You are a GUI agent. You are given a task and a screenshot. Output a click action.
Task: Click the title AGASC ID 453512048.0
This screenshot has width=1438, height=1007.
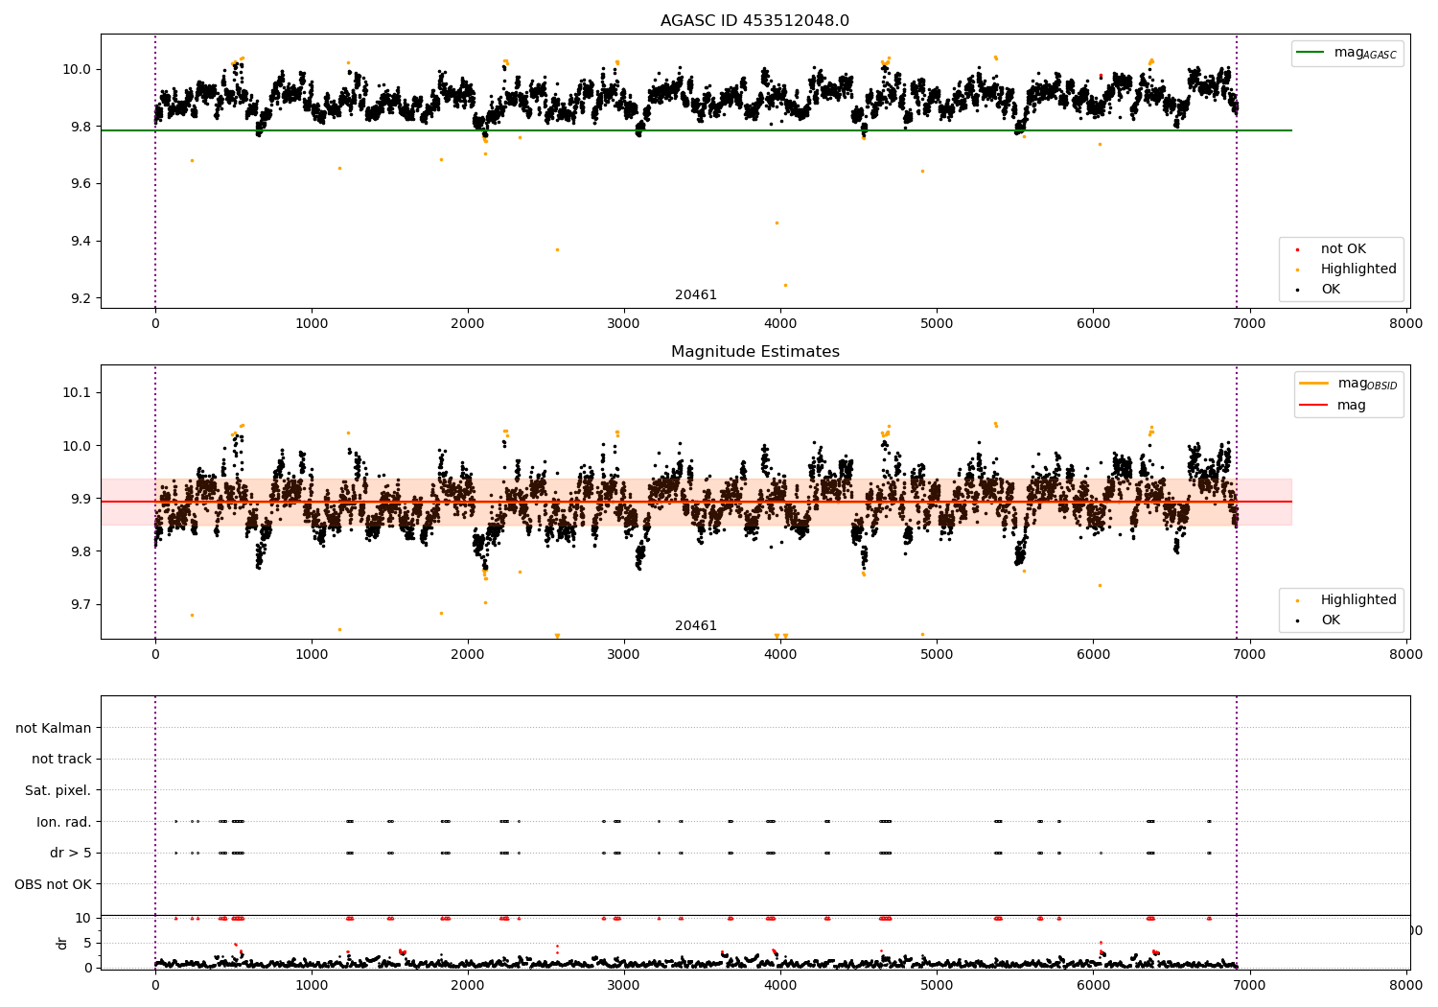754,21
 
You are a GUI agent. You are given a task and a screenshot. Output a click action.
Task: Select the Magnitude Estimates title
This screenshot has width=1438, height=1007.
754,352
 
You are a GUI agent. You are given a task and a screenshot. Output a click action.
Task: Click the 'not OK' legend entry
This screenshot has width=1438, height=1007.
1343,249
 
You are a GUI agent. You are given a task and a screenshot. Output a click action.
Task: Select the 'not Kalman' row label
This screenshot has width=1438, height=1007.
54,729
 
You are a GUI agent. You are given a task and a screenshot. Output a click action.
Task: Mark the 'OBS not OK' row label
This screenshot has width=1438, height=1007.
54,884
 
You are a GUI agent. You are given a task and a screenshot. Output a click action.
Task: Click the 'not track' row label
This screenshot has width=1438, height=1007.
61,760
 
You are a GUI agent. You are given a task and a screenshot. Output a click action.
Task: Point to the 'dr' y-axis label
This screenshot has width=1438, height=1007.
62,943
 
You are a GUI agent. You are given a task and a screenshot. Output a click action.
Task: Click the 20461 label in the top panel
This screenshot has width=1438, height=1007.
696,295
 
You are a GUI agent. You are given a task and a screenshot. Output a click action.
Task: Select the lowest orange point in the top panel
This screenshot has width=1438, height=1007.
785,285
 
